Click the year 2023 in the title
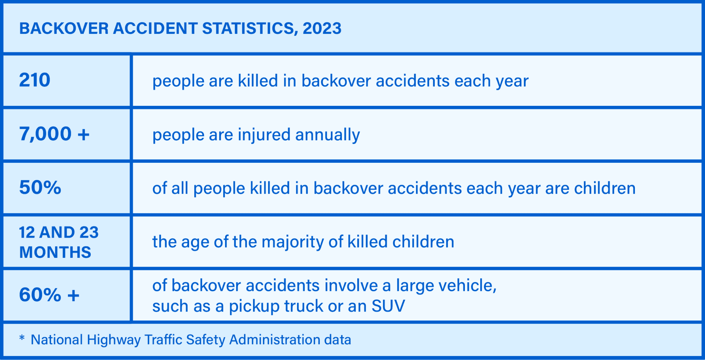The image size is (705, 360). point(322,29)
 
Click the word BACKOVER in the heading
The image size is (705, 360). point(64,29)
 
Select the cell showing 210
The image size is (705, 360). point(35,80)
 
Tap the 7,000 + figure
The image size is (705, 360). point(54,134)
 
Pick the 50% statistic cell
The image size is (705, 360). point(40,187)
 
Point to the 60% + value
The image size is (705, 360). point(49,295)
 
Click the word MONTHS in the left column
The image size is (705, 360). point(55,252)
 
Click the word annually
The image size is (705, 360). point(328,135)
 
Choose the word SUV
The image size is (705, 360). point(388,306)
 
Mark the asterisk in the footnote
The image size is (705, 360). point(22,338)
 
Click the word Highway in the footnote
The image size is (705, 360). point(114,340)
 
